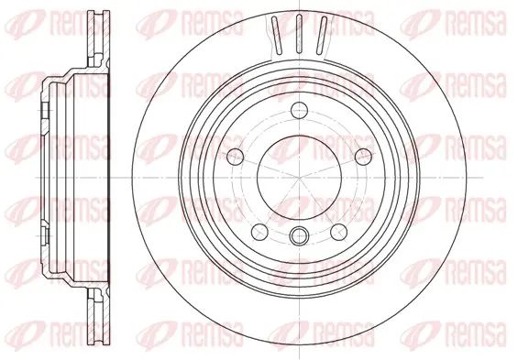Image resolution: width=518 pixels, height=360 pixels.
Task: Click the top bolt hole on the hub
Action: coord(299,110)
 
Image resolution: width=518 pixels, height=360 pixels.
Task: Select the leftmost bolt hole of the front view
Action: coord(236,156)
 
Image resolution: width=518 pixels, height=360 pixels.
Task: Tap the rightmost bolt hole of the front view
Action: coord(363,156)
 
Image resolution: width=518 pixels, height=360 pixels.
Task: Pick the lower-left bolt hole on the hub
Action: coord(259,232)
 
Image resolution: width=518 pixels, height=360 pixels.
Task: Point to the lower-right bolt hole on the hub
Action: coord(338,232)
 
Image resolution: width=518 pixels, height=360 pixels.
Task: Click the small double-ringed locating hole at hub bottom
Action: coord(299,235)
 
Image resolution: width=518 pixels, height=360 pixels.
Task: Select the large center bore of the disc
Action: coord(299,178)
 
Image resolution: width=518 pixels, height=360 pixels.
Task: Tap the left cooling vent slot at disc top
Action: coord(277,35)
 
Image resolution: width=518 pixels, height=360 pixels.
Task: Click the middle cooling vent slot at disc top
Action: coord(299,34)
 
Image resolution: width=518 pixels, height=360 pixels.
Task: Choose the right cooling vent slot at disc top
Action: coord(322,35)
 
